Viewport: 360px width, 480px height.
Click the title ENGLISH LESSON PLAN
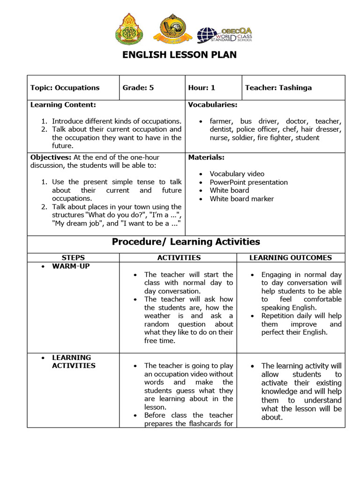180,55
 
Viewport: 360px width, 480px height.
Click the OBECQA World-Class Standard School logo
224,35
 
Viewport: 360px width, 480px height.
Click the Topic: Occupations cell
65,88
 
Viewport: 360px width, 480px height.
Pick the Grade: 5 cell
138,88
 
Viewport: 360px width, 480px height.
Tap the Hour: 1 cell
202,88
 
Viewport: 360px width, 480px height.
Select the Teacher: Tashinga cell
278,88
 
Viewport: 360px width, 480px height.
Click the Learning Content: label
63,105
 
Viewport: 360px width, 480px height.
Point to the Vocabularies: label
212,105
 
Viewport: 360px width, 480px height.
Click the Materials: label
206,157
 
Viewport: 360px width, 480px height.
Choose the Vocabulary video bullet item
237,174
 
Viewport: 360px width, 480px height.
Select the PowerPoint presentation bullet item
248,182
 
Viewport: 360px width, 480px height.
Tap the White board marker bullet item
241,199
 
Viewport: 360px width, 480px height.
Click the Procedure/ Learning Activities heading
186,242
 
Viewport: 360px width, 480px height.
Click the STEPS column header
73,258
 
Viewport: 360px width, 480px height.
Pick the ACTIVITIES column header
179,258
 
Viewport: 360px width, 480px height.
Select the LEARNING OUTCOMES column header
290,258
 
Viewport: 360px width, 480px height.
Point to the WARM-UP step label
71,266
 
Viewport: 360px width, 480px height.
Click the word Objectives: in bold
51,157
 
